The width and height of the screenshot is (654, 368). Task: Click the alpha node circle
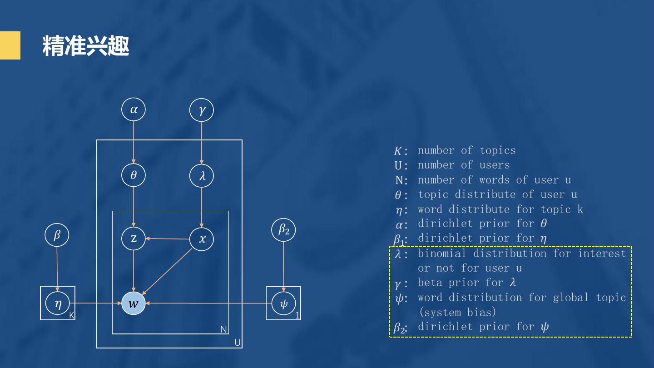(134, 109)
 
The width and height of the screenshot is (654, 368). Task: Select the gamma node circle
(202, 110)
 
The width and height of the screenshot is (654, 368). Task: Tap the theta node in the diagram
(134, 175)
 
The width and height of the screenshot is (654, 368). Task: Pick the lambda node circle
(202, 176)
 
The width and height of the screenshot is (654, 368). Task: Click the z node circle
(134, 238)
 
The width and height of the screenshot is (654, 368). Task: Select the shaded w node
(134, 303)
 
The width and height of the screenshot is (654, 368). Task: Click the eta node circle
(58, 303)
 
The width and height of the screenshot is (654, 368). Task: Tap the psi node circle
(283, 303)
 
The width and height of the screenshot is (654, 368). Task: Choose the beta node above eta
(57, 235)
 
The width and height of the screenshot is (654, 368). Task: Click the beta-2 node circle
(283, 230)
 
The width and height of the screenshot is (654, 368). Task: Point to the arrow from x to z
(168, 239)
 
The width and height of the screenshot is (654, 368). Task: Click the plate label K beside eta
(72, 315)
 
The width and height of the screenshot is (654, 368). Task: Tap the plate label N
(223, 329)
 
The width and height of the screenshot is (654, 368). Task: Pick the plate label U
(237, 343)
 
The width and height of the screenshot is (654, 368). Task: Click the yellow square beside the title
(10, 45)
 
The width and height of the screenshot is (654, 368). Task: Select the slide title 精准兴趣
(86, 46)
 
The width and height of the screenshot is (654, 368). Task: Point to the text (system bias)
(457, 312)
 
